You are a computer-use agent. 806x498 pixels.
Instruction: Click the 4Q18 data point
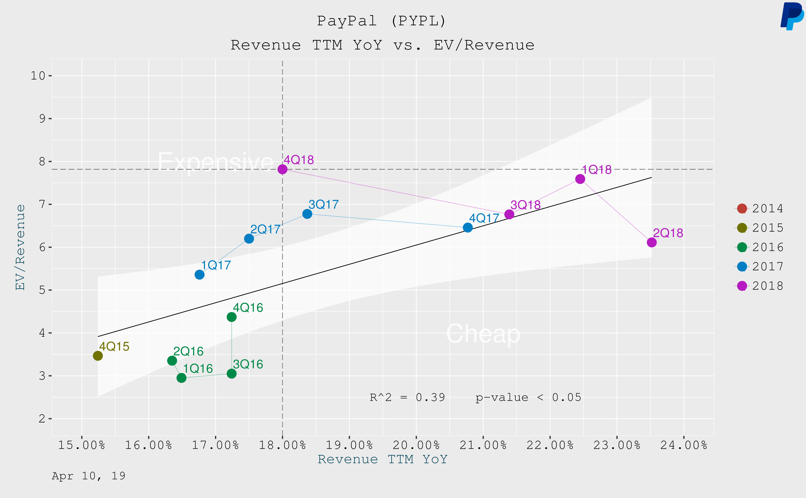pos(282,169)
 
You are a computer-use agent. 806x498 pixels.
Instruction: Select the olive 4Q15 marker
pos(98,356)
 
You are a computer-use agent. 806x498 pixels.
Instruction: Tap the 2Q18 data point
pos(652,242)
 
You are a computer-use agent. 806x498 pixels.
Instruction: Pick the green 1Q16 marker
pos(181,378)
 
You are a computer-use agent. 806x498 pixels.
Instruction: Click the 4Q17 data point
pos(467,228)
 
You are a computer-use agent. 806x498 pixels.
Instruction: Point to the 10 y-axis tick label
pos(38,76)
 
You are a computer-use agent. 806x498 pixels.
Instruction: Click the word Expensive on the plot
pos(216,162)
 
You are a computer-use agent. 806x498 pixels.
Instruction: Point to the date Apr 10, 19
pos(89,476)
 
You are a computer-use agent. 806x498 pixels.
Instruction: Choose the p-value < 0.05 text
pos(528,398)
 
